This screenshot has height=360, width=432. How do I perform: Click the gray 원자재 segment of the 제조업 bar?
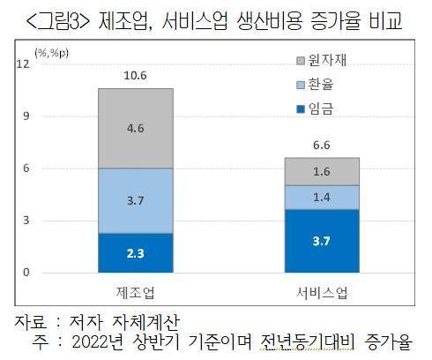tap(135, 128)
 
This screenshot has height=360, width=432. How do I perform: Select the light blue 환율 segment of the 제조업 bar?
tap(135, 200)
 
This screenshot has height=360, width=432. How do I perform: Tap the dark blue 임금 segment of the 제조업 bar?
tap(135, 252)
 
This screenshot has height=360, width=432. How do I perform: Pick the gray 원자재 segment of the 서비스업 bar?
tap(321, 171)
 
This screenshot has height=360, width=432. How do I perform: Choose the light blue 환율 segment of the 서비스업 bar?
tap(321, 197)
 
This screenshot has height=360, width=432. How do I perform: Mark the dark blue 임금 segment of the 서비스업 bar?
tap(321, 240)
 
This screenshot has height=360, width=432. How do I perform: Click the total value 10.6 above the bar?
tap(135, 77)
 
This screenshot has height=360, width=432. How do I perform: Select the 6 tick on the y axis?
tap(26, 168)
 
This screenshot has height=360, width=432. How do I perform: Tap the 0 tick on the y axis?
tap(26, 272)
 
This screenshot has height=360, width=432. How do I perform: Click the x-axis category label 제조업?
tap(135, 290)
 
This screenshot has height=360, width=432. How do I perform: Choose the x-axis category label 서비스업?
tap(321, 290)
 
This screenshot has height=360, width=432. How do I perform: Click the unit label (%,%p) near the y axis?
tap(52, 54)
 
